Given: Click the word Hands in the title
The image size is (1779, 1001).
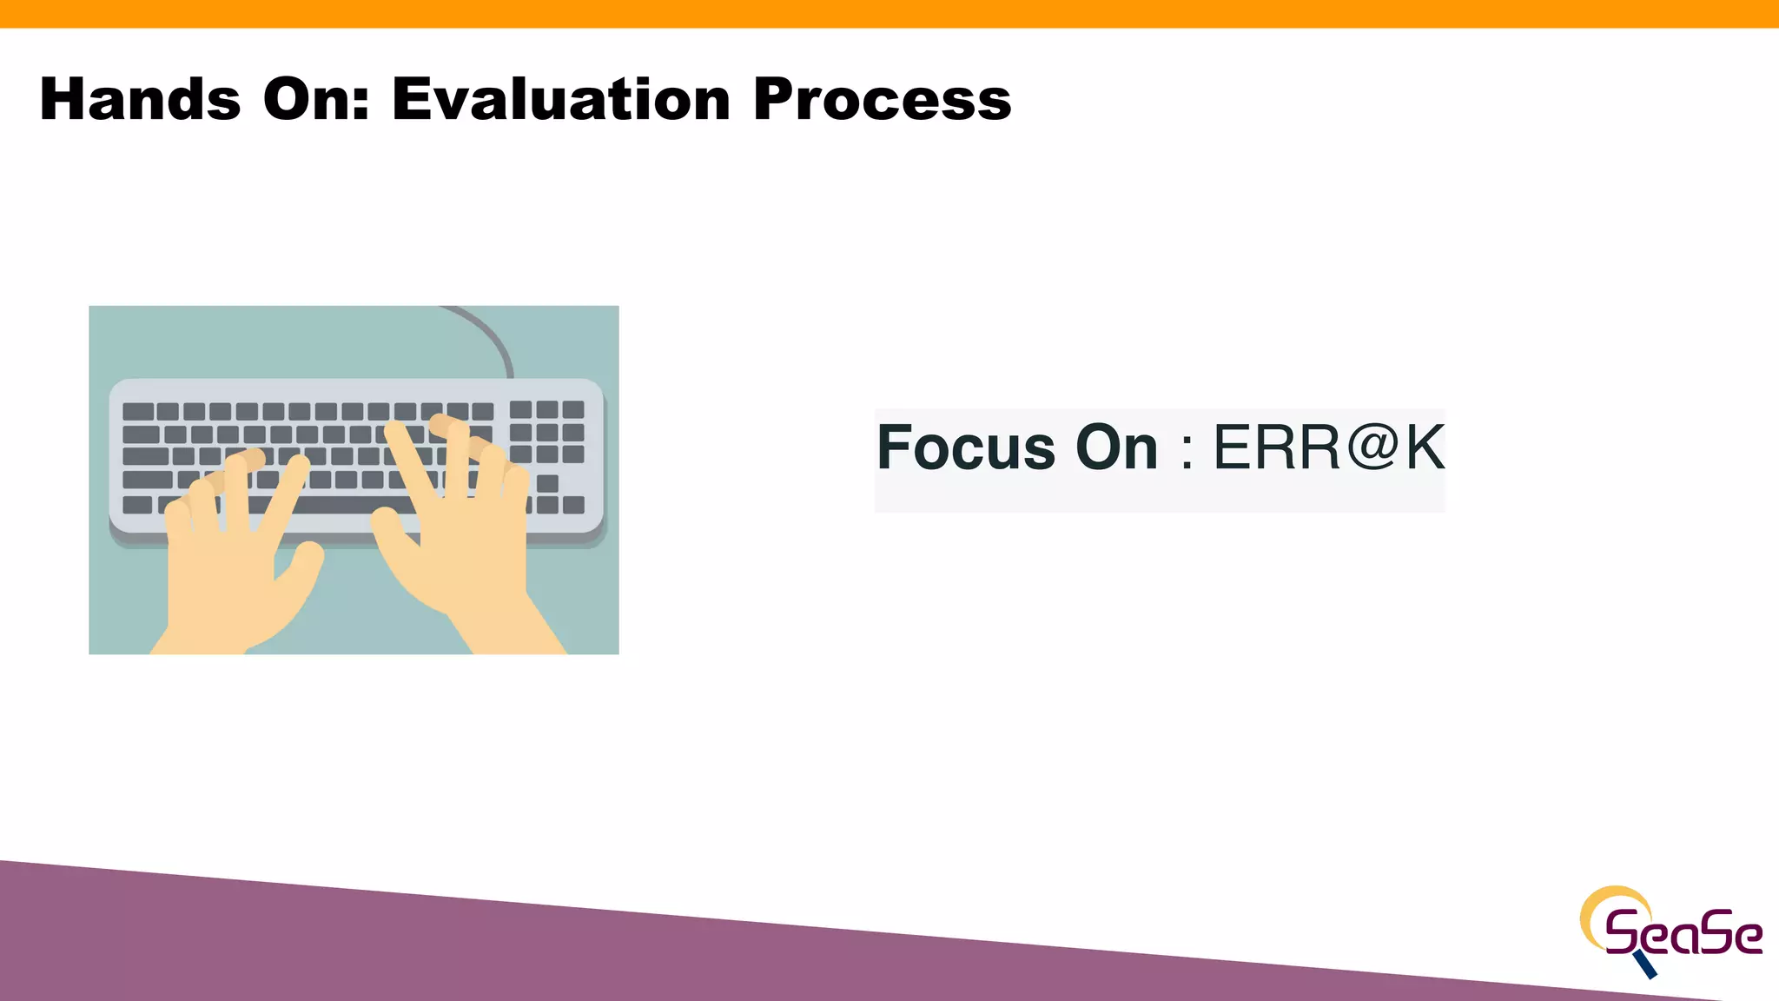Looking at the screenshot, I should pos(140,99).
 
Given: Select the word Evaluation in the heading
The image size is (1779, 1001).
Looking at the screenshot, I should pos(561,99).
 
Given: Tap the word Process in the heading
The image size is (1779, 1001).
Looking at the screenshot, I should pos(882,99).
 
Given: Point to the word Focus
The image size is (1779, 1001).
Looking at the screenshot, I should pos(965,448).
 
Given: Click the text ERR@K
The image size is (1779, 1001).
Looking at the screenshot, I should pos(1328,448).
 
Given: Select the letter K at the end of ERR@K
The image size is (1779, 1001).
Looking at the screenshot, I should pos(1425,448).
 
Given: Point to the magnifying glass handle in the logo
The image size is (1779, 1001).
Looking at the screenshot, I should pos(1645,965).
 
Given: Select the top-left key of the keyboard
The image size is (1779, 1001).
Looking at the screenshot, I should pos(138,412).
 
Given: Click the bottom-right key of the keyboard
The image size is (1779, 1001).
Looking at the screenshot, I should pos(573,505).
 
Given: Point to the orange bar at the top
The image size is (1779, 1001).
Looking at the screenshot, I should pos(889,13).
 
